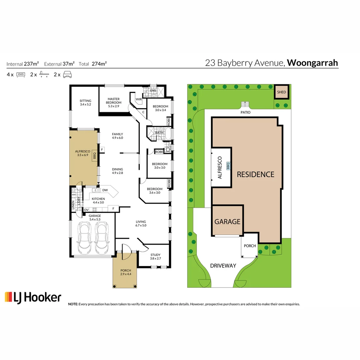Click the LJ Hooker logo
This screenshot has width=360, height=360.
[33, 297]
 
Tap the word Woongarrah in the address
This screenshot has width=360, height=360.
[312, 63]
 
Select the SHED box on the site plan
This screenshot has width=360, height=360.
[282, 92]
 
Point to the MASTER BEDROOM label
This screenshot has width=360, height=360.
[114, 101]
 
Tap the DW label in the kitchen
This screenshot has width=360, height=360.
[105, 190]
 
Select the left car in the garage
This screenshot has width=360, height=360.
[84, 238]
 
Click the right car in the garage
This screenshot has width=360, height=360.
[102, 238]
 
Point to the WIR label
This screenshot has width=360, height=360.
[139, 99]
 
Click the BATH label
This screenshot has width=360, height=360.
[159, 133]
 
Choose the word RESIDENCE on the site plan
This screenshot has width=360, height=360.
[256, 174]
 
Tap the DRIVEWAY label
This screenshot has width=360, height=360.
[223, 266]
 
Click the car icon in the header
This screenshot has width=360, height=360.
[68, 74]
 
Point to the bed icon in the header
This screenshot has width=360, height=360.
[21, 75]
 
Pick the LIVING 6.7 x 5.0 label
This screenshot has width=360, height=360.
[141, 223]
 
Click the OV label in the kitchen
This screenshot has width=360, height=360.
[86, 210]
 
